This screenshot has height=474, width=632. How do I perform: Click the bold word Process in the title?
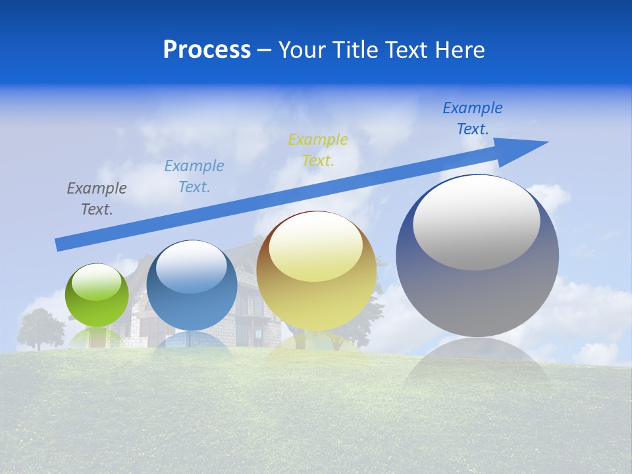point(207,49)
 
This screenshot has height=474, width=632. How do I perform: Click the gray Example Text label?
point(97,199)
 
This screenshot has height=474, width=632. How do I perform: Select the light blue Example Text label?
point(194,176)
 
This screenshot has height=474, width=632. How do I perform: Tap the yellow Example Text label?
point(318,149)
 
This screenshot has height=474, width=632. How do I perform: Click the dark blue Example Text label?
point(473,118)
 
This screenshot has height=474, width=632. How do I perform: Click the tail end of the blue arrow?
point(59,244)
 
